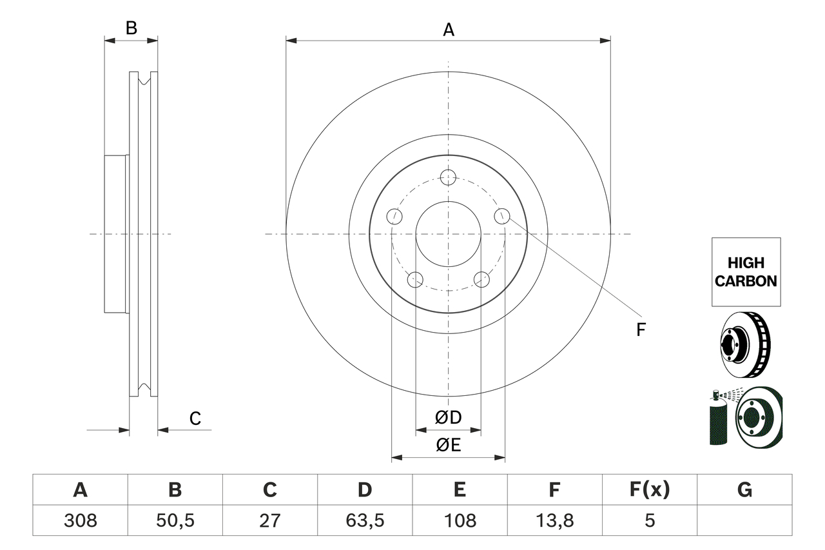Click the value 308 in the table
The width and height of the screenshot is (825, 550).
click(x=80, y=520)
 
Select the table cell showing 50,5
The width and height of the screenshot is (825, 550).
click(x=175, y=520)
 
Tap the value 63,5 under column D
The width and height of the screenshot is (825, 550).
click(x=364, y=520)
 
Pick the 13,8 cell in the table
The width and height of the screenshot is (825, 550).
click(x=554, y=520)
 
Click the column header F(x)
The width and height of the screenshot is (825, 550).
click(x=648, y=490)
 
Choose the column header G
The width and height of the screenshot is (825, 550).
click(x=744, y=490)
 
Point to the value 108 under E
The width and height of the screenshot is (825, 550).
click(x=459, y=520)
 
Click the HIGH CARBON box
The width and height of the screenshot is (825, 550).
click(x=746, y=271)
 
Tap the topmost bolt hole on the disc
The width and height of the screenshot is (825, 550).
click(x=448, y=177)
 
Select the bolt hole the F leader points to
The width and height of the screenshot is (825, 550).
click(x=502, y=216)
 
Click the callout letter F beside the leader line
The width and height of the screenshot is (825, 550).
click(x=640, y=330)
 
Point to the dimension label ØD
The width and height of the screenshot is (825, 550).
click(x=448, y=418)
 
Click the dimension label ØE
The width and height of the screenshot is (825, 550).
click(x=448, y=446)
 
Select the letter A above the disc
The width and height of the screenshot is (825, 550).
click(x=448, y=29)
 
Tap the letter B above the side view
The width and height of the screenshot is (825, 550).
click(x=131, y=28)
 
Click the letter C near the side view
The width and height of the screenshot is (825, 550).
click(x=195, y=418)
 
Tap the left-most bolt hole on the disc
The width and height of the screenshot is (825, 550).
click(x=394, y=216)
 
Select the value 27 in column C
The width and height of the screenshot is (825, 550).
click(x=269, y=520)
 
